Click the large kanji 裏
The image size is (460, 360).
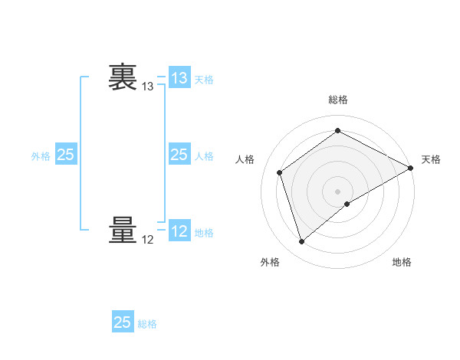coord(123,77)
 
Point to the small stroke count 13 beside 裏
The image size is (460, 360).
coord(148,87)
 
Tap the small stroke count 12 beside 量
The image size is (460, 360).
coord(148,240)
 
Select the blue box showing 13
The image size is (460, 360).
coord(179,78)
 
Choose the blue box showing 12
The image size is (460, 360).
coord(179,231)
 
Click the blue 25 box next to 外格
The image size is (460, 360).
coord(66,155)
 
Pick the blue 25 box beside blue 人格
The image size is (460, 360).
coord(179,155)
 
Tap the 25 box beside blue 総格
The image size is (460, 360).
coord(123,322)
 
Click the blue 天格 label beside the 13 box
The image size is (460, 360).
coord(204,80)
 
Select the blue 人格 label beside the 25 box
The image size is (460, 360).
coord(204,156)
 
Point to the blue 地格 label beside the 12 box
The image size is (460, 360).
coord(204,233)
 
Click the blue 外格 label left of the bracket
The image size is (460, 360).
coord(41,156)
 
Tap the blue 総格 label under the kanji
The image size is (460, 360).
coord(147,324)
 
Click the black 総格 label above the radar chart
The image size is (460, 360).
coord(338,100)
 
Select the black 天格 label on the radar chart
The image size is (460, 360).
coord(431,159)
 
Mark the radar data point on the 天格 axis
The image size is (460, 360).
coord(411,167)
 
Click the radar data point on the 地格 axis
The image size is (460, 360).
coord(347,204)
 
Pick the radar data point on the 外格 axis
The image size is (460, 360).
coord(301,242)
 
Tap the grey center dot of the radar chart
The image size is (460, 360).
coord(338,191)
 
